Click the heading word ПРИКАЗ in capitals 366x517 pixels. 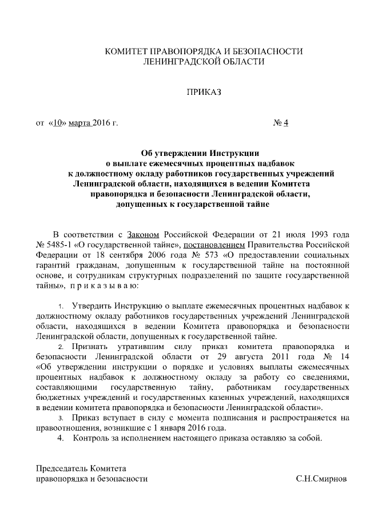click(x=204, y=91)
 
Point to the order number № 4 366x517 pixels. click(x=281, y=123)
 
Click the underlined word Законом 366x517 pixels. click(x=144, y=234)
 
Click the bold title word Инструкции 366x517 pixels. click(x=234, y=153)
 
